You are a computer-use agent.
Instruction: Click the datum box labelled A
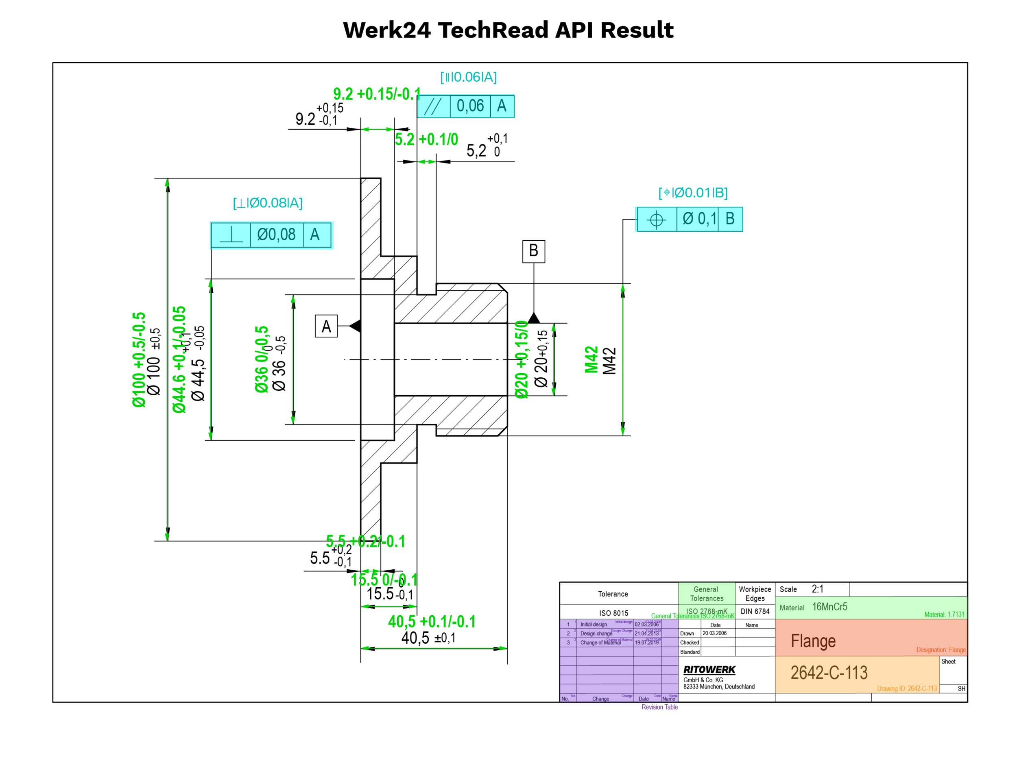326,326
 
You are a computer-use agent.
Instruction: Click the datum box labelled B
533,251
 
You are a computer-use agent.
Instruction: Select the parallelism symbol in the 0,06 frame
433,106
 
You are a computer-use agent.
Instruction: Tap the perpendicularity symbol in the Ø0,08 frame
231,235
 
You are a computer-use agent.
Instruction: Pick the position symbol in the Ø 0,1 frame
656,219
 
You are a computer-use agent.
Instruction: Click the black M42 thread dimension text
610,361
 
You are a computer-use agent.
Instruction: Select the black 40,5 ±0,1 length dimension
428,638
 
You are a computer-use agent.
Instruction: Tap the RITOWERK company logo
709,670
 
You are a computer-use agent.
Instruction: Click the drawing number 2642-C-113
829,673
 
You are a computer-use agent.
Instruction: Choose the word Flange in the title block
813,641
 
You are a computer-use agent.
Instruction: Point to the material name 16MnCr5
829,607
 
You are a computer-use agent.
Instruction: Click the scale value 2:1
817,589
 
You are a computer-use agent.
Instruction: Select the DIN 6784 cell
755,611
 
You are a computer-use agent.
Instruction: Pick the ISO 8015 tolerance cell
613,613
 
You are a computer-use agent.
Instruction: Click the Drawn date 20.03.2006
714,634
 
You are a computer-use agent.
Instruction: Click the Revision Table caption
659,707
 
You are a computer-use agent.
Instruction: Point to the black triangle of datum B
533,318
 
